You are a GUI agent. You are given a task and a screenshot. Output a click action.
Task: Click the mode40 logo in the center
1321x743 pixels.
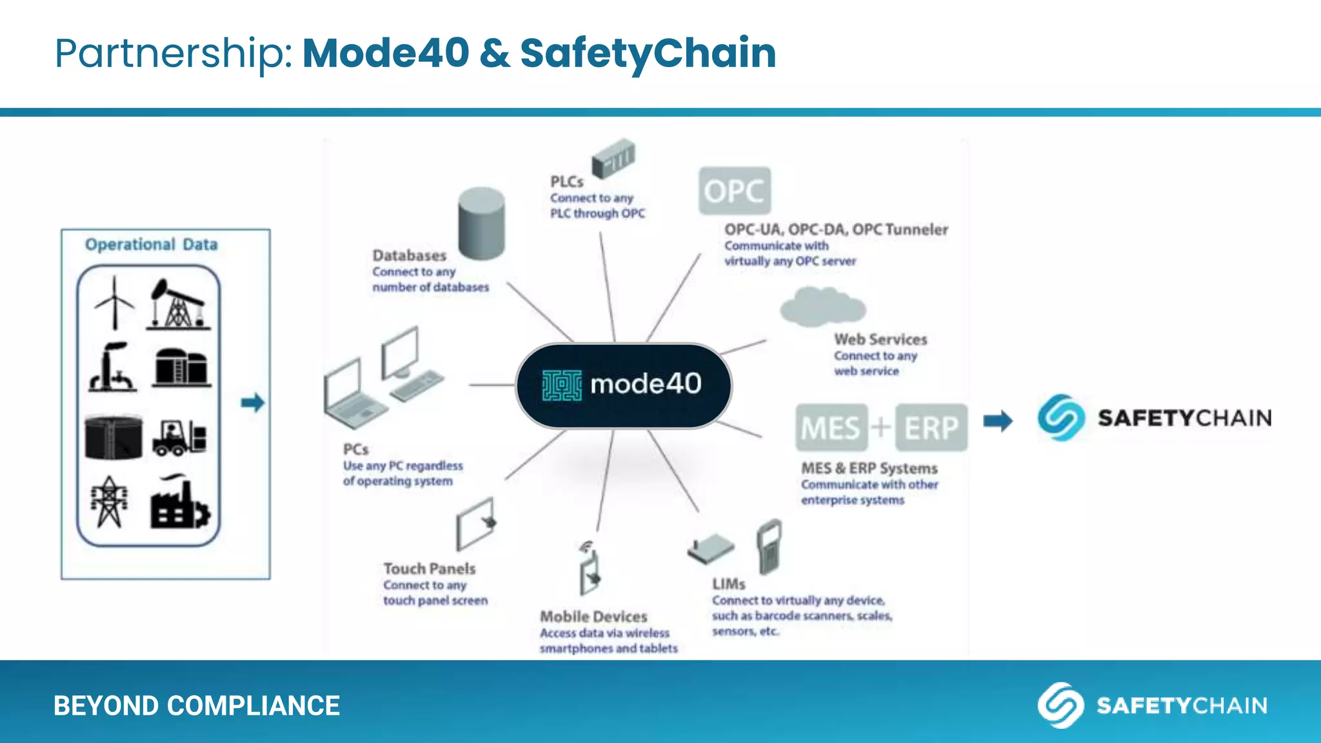[623, 385]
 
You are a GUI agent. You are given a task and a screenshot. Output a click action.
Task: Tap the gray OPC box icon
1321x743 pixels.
[734, 191]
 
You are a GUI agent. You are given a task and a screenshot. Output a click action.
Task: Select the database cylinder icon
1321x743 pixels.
[481, 223]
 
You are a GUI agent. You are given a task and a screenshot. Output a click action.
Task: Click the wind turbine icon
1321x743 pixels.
[114, 303]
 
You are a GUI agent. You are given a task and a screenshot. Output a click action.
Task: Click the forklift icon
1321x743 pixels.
[179, 438]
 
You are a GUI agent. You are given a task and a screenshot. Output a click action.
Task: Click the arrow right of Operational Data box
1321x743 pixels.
[252, 403]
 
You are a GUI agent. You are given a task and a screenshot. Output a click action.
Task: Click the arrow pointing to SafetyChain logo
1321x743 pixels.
[997, 421]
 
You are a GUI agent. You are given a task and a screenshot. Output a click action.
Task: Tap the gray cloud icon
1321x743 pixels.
[822, 306]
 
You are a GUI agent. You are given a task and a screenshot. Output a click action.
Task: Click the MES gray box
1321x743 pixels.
[831, 428]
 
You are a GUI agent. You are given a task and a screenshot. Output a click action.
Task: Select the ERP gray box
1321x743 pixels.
[931, 428]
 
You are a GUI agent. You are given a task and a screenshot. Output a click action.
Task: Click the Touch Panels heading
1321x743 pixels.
[429, 569]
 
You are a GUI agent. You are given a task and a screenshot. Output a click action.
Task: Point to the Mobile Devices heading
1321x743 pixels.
[593, 617]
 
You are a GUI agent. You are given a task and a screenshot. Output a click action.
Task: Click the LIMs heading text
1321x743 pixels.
[728, 584]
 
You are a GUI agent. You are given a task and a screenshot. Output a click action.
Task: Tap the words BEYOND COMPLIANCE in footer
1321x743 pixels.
[196, 706]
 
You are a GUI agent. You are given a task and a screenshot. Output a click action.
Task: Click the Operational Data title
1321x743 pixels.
[151, 244]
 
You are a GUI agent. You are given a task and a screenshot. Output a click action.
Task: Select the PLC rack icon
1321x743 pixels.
[613, 158]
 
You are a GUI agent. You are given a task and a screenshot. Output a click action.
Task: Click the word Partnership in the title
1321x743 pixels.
[174, 53]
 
